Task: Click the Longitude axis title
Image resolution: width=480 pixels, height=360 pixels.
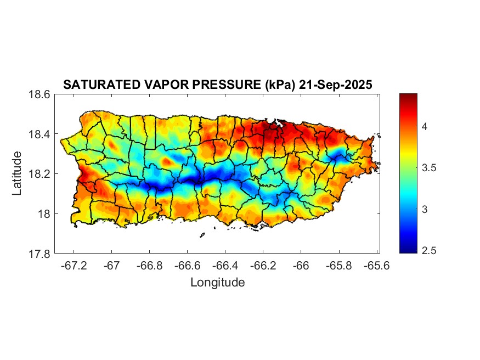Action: tap(217, 283)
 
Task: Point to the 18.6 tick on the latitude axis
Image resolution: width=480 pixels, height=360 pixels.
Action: tap(39, 94)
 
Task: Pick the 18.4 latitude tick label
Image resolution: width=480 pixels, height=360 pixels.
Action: tap(39, 134)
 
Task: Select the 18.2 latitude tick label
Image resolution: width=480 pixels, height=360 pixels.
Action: tap(39, 174)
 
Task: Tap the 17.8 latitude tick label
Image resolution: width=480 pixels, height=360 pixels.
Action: tap(39, 254)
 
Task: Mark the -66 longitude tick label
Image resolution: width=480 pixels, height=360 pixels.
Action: tap(301, 265)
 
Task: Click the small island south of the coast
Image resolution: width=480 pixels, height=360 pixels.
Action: tap(202, 235)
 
